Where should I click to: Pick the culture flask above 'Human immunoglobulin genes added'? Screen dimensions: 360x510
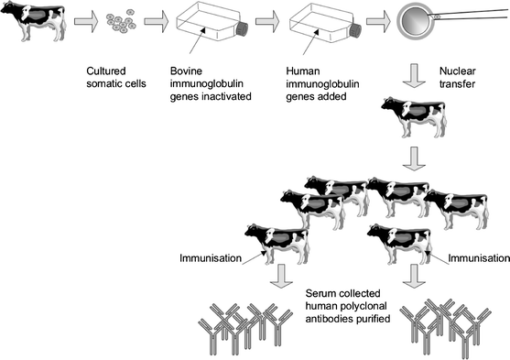316,24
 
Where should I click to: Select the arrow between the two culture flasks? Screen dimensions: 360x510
267,21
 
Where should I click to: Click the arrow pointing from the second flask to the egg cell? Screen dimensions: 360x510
375,21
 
